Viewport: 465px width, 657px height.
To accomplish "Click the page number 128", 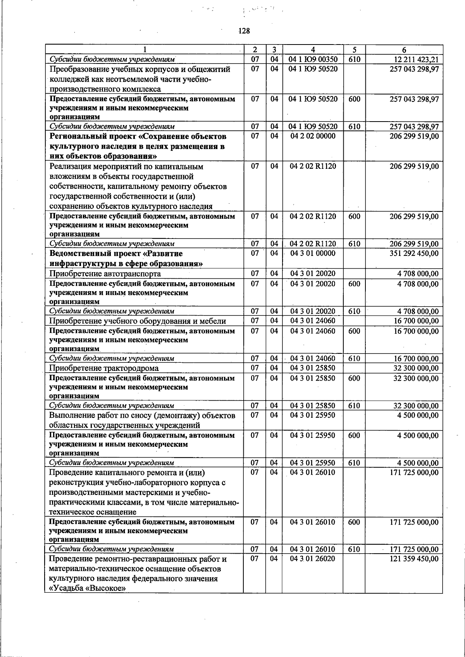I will pos(244,31).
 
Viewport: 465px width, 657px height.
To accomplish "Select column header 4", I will pos(313,50).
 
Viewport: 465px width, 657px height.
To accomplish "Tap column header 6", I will pos(404,50).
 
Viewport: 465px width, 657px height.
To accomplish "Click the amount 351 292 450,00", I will pos(414,254).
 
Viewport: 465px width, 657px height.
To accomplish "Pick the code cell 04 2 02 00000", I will pos(313,136).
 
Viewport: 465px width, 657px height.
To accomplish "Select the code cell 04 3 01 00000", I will pos(313,254).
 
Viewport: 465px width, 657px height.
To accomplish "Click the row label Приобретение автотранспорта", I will pos(105,274).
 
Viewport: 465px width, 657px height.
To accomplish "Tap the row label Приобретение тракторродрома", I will pos(104,368).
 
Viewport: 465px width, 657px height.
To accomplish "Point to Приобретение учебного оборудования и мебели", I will pos(138,321).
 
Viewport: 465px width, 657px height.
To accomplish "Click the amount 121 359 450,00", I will pos(414,559).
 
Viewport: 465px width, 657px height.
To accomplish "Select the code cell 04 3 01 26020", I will pos(313,559).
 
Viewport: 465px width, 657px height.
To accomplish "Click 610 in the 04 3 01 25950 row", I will pos(354,463).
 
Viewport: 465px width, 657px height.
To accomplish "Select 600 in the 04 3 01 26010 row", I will pos(354,522).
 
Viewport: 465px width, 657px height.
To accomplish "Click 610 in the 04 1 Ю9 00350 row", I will pos(354,59).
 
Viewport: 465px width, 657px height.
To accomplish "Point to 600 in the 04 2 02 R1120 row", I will pos(354,216).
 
